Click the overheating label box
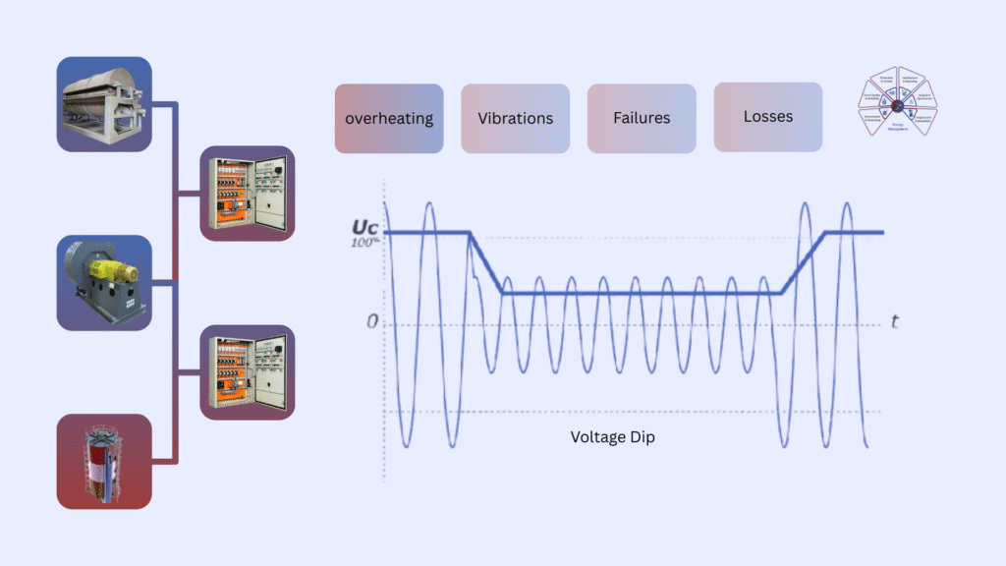[x=389, y=118]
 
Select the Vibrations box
[x=515, y=118]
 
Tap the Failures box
[x=642, y=118]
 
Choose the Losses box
[x=768, y=117]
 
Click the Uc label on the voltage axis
[x=364, y=226]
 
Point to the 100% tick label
[x=364, y=242]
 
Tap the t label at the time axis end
[x=894, y=321]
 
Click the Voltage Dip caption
[x=612, y=437]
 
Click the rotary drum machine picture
[x=104, y=103]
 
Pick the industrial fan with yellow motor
[x=104, y=281]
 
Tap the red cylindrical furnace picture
[x=104, y=461]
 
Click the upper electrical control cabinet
[x=247, y=194]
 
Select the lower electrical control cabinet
[x=247, y=372]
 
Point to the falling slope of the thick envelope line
[x=485, y=262]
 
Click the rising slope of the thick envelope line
[x=804, y=262]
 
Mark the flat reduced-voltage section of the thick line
[x=639, y=293]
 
